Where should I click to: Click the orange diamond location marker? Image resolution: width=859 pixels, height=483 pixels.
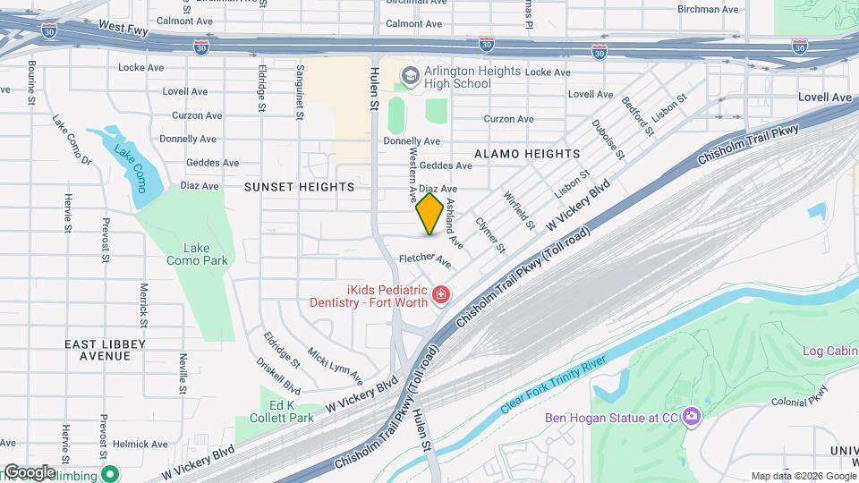[429, 214]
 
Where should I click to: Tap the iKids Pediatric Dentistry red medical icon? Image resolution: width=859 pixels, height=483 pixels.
[440, 295]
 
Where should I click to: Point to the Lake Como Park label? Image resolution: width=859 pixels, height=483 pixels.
[197, 254]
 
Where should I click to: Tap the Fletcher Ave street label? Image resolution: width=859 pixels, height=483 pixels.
[425, 258]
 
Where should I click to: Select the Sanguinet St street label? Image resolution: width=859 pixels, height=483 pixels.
[302, 86]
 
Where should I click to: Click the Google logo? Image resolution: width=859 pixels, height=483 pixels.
[29, 472]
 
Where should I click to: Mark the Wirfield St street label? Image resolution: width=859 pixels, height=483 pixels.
[519, 208]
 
